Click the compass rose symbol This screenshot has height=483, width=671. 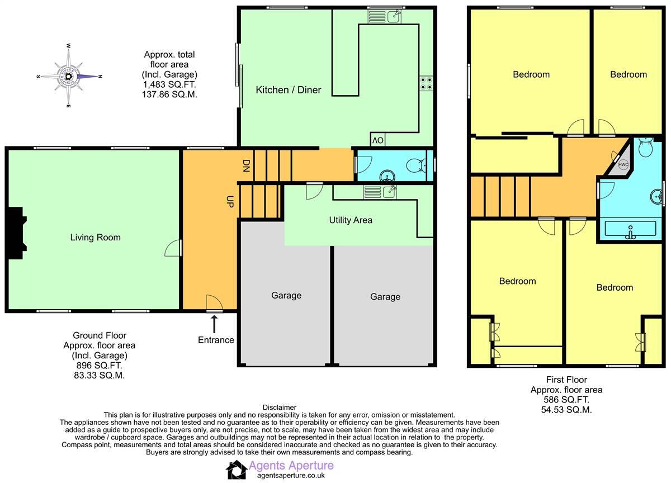point(68,76)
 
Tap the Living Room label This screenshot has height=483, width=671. point(95,237)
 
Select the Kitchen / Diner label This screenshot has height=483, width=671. point(289,89)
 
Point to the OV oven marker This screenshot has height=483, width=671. point(377,140)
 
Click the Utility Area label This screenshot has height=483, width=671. point(351,220)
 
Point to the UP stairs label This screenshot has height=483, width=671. point(229,202)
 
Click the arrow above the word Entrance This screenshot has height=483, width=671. point(214,323)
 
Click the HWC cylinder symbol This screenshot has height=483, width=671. point(623,164)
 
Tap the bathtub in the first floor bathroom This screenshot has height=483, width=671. point(630,229)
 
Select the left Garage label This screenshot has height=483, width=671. point(286,295)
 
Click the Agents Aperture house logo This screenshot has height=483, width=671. point(236,470)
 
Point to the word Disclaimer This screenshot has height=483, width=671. point(279,408)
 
